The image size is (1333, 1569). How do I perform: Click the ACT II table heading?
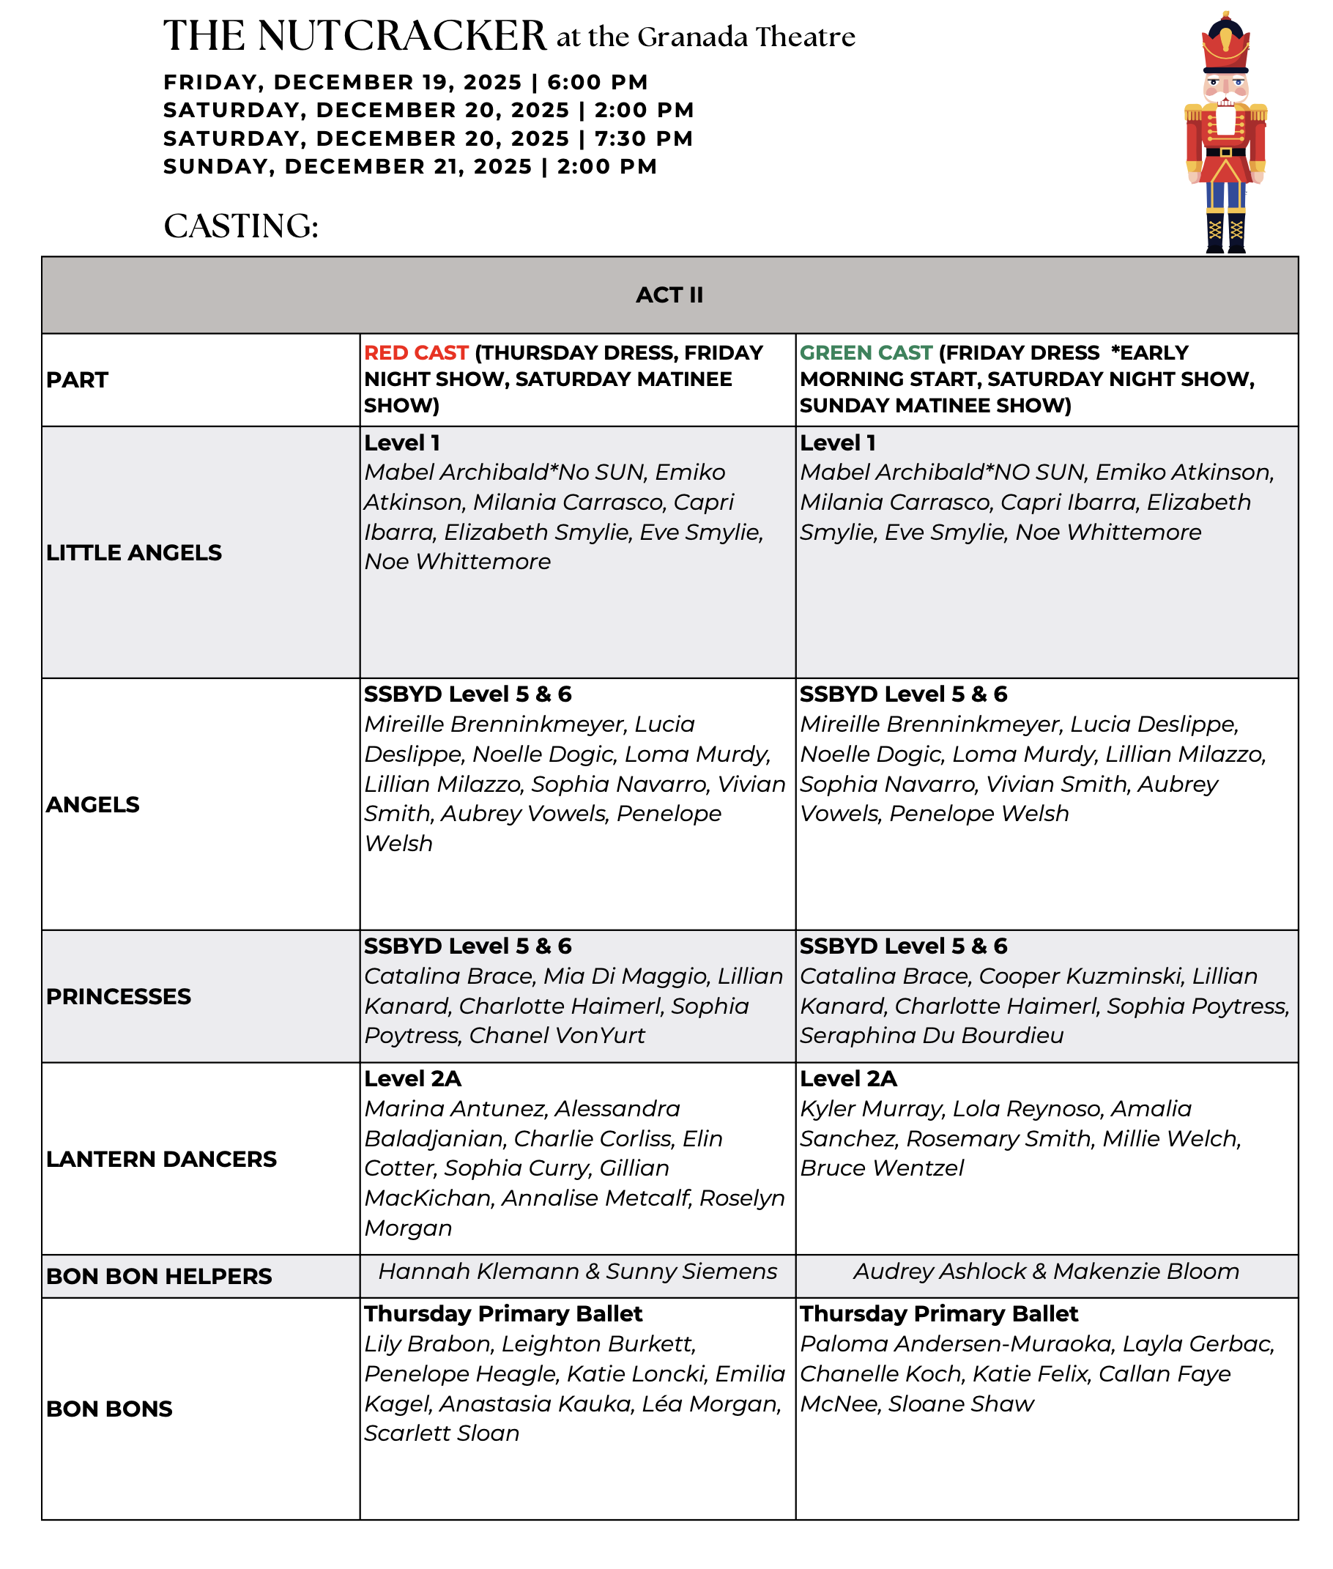(x=669, y=294)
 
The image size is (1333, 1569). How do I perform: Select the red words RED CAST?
(x=416, y=353)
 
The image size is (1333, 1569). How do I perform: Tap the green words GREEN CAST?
(x=866, y=353)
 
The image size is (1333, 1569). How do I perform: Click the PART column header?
(x=77, y=379)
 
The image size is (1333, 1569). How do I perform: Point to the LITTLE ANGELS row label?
(x=134, y=552)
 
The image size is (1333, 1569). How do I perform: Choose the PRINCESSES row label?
(x=119, y=996)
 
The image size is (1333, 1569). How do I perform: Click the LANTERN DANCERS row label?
(x=161, y=1159)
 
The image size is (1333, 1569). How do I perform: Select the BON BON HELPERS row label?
(x=159, y=1277)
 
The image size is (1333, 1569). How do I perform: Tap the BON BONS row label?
(x=110, y=1409)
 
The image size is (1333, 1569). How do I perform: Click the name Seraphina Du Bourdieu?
(x=932, y=1036)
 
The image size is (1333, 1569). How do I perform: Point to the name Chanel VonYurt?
(x=557, y=1036)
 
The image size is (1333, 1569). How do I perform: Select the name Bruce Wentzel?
(x=882, y=1168)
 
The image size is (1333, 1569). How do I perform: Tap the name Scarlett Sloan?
(x=442, y=1433)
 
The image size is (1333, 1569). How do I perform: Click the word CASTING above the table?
(x=241, y=226)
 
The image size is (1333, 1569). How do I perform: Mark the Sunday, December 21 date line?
(x=410, y=167)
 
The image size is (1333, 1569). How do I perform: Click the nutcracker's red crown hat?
(x=1225, y=45)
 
